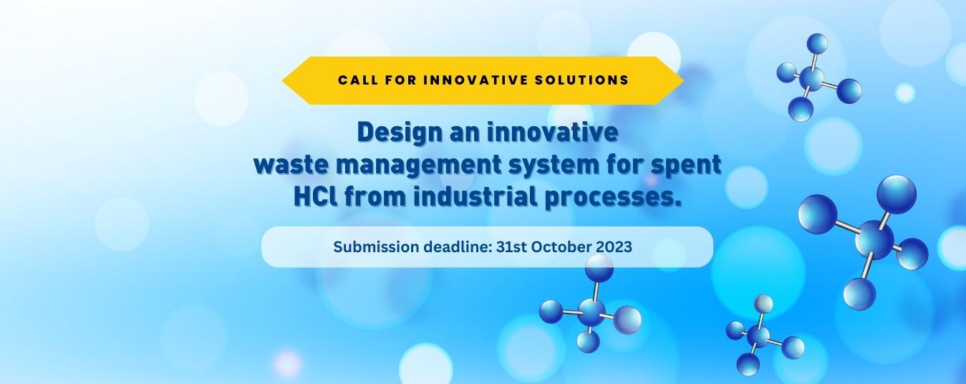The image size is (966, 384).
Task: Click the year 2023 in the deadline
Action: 614,246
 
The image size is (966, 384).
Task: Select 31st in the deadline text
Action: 511,246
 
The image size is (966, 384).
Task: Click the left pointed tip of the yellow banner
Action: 282,80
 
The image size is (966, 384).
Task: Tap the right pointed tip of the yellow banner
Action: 684,80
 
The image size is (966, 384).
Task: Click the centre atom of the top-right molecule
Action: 811,79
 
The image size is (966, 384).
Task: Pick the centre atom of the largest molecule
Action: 874,240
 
